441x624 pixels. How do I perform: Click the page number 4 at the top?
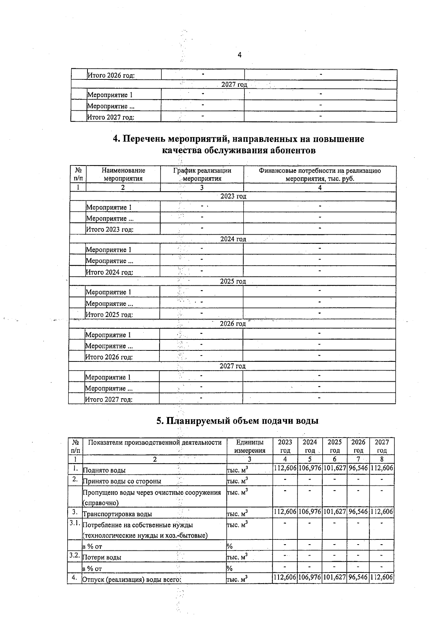click(x=240, y=55)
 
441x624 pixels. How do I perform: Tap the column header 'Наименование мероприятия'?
click(x=123, y=175)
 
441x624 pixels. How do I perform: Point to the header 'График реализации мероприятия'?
click(x=202, y=175)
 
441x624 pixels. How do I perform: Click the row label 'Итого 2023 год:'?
click(x=110, y=229)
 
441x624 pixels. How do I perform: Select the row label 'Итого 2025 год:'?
click(x=109, y=315)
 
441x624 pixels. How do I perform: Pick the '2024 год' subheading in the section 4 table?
click(x=233, y=239)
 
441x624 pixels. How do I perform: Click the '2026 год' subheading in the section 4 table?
click(x=233, y=324)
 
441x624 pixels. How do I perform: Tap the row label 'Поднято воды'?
click(x=104, y=470)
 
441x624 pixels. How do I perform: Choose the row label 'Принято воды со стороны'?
click(x=122, y=481)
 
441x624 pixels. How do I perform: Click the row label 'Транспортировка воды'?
click(x=117, y=514)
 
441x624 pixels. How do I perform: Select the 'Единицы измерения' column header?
click(x=250, y=446)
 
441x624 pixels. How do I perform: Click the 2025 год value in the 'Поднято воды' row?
click(x=335, y=468)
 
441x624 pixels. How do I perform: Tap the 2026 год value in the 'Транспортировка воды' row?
click(x=358, y=511)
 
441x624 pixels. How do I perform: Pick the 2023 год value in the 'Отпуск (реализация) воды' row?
click(x=285, y=577)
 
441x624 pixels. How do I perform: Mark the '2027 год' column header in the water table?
click(x=382, y=446)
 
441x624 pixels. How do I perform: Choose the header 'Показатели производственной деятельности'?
click(x=155, y=442)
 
